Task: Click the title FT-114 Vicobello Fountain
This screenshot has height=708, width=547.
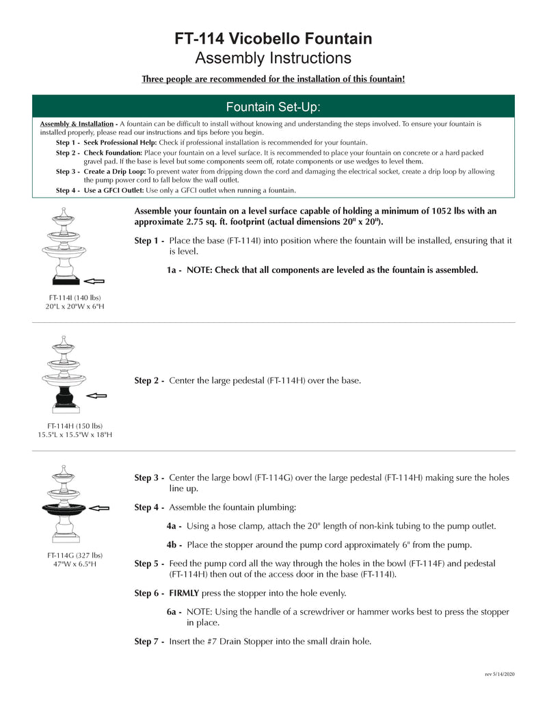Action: click(273, 38)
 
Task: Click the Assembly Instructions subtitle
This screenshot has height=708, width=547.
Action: click(273, 57)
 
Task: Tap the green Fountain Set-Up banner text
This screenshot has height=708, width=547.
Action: click(273, 107)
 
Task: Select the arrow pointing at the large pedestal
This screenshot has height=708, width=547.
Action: click(97, 395)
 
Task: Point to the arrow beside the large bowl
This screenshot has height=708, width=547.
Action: click(99, 508)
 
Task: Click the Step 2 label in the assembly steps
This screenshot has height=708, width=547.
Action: click(149, 380)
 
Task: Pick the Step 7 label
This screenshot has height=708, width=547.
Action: click(149, 641)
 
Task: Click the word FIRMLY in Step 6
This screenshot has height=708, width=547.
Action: click(185, 593)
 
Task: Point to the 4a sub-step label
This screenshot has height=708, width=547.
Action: click(174, 526)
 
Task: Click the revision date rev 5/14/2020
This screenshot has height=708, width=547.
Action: click(499, 674)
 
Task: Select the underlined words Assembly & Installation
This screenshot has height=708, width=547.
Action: click(77, 124)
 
